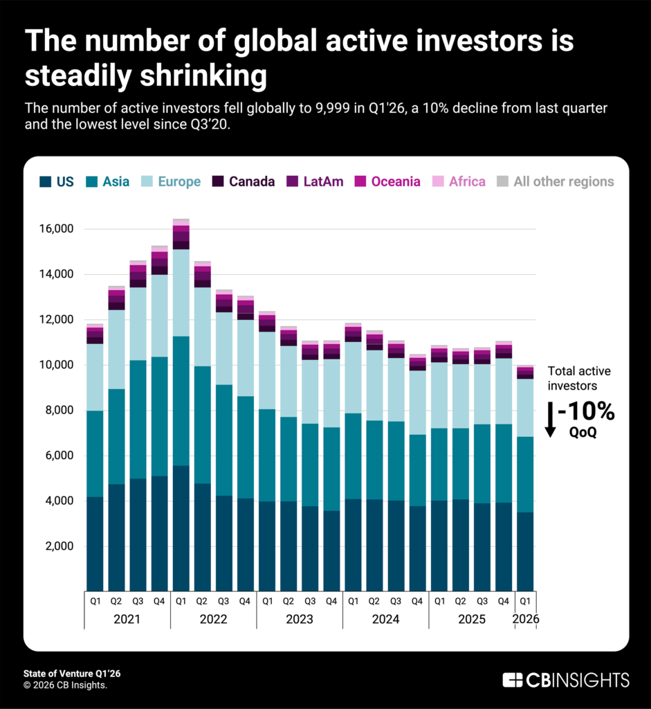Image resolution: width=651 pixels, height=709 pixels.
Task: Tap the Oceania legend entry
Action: [387, 181]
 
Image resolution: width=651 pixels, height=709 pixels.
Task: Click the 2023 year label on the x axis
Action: [299, 619]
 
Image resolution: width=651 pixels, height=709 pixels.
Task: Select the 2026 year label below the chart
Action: [526, 619]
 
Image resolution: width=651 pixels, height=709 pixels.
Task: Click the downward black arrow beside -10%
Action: [550, 420]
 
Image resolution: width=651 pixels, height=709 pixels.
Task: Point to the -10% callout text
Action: [587, 411]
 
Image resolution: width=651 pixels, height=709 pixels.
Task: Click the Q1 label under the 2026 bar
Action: [526, 600]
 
